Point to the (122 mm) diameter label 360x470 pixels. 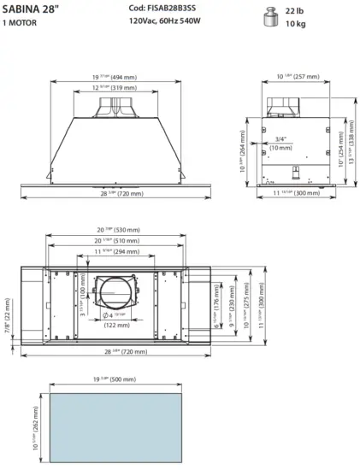(x=117, y=326)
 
